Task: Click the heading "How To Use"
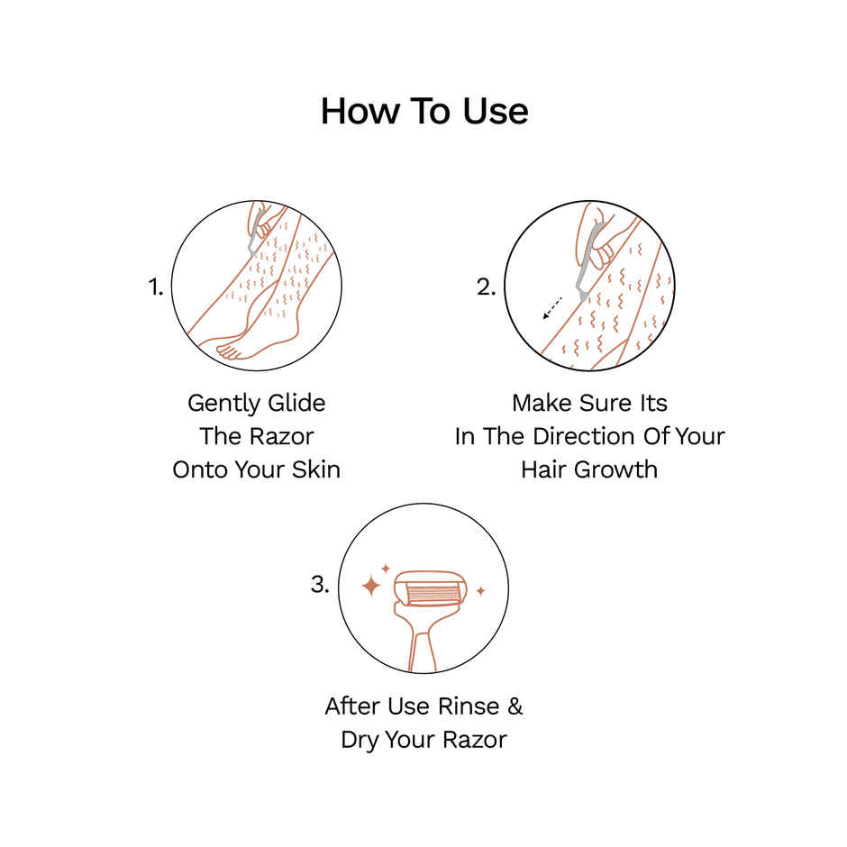(423, 112)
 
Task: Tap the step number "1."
(155, 287)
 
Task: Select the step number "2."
(487, 287)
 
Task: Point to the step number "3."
(320, 584)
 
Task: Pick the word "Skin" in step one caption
(316, 469)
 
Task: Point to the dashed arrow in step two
(551, 306)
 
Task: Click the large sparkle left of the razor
(370, 586)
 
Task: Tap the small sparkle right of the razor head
(480, 591)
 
